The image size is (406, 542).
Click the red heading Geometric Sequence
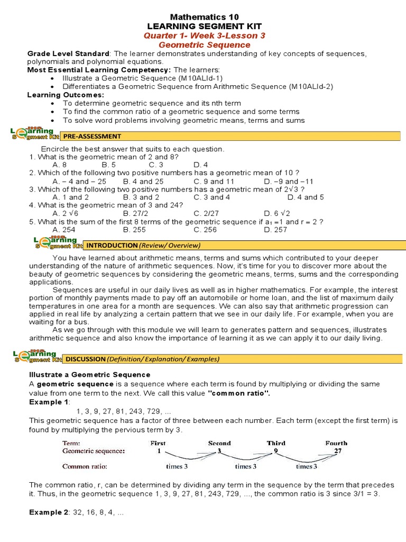[204, 45]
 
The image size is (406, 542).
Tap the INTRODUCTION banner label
[143, 245]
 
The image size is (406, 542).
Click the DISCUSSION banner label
[142, 359]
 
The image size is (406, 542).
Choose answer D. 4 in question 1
[201, 165]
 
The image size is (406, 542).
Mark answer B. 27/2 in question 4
[135, 214]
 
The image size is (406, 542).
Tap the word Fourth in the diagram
[336, 443]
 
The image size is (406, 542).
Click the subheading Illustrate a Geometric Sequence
[89, 374]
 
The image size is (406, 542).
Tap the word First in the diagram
[158, 443]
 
